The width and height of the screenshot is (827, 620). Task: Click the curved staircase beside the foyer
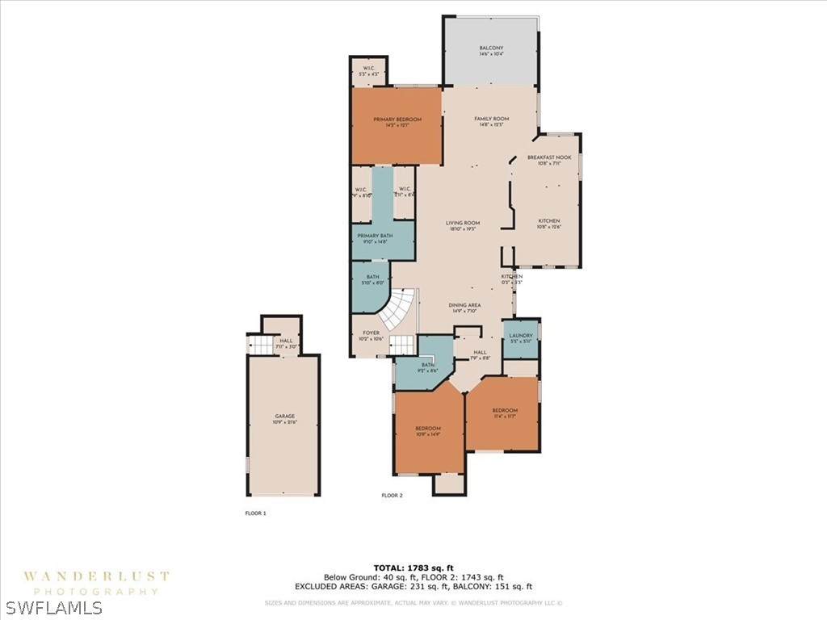point(398,310)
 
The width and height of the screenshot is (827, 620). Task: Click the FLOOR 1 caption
point(255,513)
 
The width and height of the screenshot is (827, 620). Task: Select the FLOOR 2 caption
point(392,496)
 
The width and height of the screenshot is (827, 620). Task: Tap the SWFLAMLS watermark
point(52,607)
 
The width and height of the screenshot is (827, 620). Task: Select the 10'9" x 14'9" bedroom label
point(428,430)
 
